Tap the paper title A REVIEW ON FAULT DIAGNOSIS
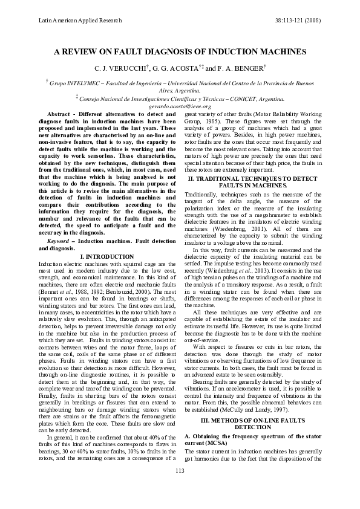coord(180,52)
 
